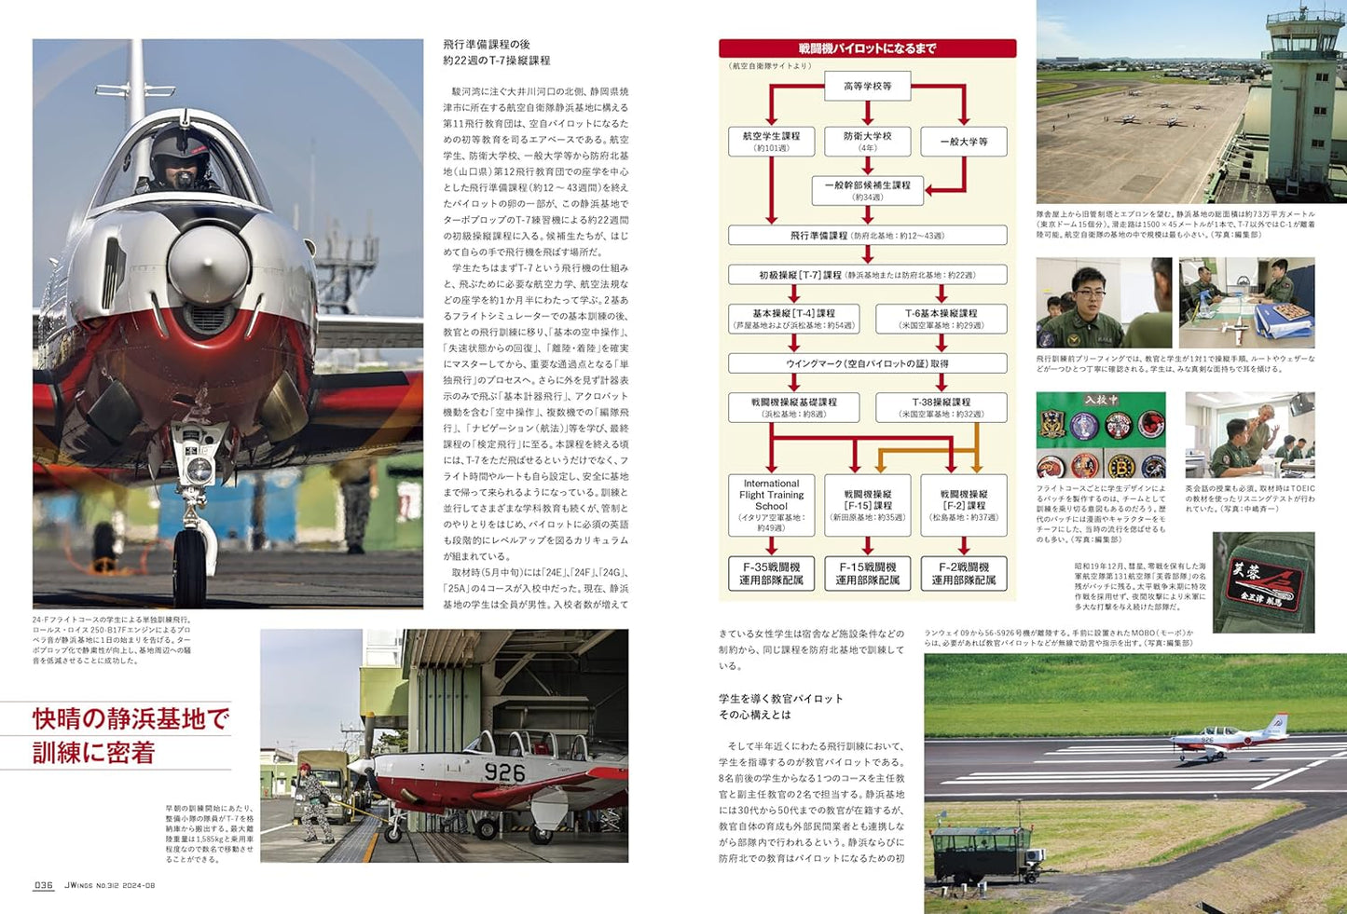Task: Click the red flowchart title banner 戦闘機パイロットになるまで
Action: coord(867,48)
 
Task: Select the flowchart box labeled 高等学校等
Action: coord(867,87)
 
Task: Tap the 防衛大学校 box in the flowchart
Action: coord(867,142)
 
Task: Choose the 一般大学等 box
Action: coord(964,142)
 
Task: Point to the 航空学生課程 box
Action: coord(771,142)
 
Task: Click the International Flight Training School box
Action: coord(771,505)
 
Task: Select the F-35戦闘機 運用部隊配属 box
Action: coord(771,573)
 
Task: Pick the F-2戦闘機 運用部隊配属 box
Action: coord(964,573)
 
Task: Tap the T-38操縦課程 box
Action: coord(941,407)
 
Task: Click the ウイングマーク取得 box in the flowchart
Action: coord(867,363)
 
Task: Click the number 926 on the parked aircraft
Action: coord(504,772)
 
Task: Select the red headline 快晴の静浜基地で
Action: coord(131,718)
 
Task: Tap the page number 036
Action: coord(44,885)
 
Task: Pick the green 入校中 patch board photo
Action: coord(1101,435)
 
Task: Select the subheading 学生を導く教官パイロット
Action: coord(780,699)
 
